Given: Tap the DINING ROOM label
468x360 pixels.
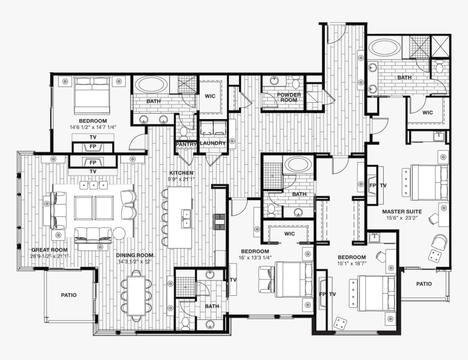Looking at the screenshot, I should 134,255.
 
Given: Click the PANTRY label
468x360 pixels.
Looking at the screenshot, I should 186,144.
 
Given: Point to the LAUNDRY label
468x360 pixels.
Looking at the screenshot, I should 212,144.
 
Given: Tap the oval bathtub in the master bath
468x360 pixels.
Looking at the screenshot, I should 385,48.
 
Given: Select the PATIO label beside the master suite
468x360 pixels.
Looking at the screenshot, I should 424,283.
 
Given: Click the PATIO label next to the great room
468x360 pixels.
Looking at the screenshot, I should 69,295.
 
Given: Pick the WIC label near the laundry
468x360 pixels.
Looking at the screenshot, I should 210,96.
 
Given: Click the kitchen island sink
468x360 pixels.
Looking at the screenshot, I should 186,217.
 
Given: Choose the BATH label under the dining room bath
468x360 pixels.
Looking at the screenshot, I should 212,306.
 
